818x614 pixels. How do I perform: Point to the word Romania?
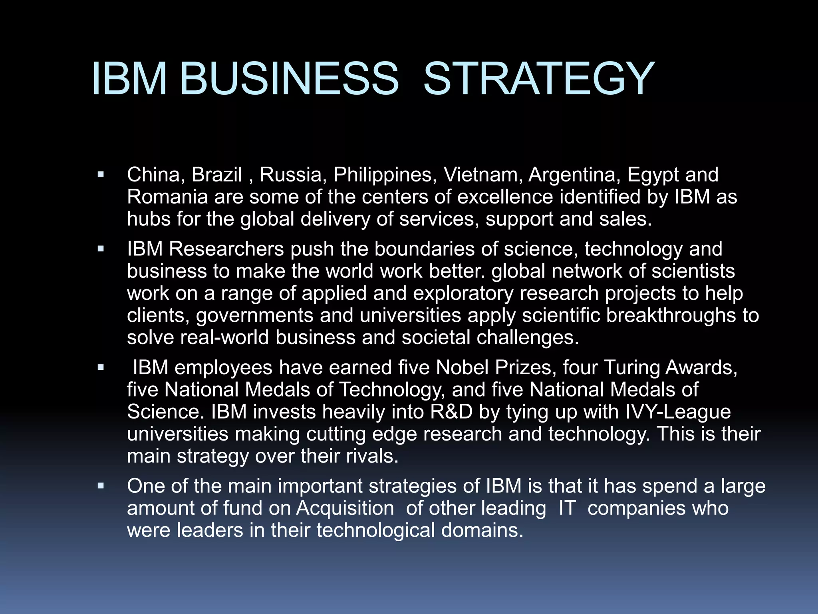[167, 197]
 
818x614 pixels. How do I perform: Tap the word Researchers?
[226, 249]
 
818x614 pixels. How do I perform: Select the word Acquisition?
[345, 508]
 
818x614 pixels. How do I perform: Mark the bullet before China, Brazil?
[101, 175]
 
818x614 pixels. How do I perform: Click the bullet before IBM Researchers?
[101, 249]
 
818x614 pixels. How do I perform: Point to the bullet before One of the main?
[101, 486]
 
